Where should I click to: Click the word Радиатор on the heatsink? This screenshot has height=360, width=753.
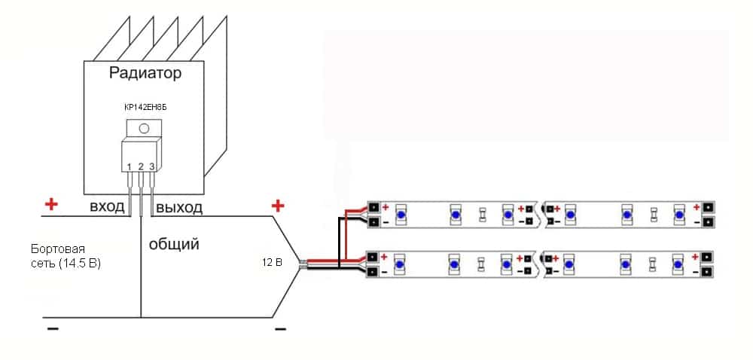click(145, 74)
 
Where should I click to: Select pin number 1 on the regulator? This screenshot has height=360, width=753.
click(130, 166)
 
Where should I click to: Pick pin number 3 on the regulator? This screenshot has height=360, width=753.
click(151, 166)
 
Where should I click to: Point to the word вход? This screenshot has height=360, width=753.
click(107, 207)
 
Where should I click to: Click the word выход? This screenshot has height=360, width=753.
click(178, 207)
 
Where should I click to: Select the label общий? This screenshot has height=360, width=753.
click(173, 244)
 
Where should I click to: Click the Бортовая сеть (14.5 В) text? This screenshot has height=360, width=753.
click(66, 256)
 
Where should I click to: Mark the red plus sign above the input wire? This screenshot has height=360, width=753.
click(51, 204)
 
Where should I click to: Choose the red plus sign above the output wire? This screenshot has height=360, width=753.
click(278, 205)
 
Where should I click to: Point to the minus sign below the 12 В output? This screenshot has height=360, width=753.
click(280, 329)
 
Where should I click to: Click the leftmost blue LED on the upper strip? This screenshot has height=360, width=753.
click(401, 215)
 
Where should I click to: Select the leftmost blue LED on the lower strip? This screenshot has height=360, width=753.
click(401, 264)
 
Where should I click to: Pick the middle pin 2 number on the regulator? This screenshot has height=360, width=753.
click(141, 166)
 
